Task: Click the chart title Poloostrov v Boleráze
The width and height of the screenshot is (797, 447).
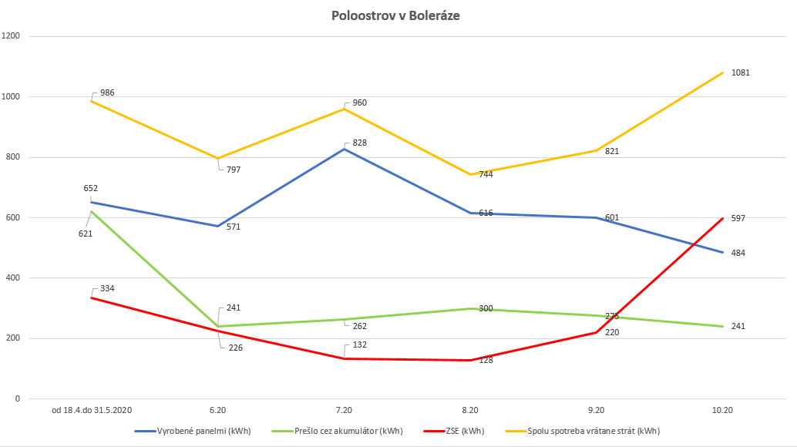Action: point(396,15)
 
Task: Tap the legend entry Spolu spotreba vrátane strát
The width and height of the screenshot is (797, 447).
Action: point(594,431)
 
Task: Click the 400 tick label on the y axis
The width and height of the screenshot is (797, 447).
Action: point(13,278)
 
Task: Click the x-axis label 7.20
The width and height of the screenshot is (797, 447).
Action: point(344,411)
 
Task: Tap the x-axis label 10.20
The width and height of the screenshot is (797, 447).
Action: point(722,411)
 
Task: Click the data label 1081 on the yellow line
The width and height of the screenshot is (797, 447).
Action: point(740,72)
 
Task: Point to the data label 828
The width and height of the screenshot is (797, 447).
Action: point(359,143)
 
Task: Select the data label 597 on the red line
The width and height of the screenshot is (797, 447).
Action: point(738,218)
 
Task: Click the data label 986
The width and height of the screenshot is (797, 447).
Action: point(107,92)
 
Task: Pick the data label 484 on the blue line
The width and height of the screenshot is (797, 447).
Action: point(738,253)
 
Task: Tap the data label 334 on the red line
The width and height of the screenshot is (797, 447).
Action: point(107,288)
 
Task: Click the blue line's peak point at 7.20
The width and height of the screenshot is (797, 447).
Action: point(344,149)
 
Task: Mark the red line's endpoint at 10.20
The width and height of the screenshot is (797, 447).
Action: point(722,218)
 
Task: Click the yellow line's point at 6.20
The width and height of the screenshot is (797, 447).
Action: point(217,158)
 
